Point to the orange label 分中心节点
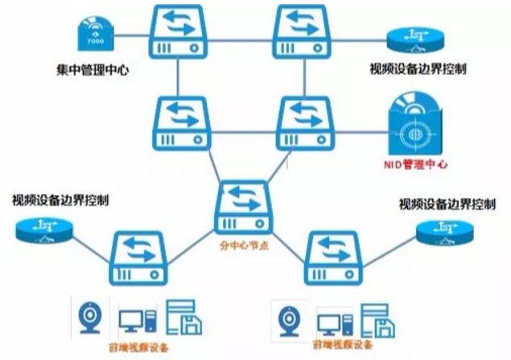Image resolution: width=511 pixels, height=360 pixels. pos(244,240)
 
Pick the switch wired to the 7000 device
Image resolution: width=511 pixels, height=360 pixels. pos(179,30)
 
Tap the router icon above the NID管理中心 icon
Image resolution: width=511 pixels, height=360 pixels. pos(414,38)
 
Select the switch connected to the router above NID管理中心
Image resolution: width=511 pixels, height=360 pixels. pos(304,30)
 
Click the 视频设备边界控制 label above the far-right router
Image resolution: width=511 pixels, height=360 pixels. pos(447,203)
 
